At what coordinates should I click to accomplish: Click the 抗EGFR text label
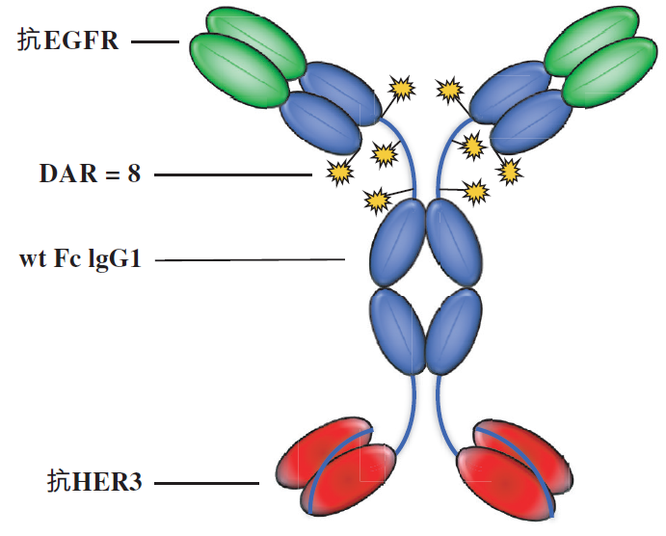67,40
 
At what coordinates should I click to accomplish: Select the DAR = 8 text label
90,174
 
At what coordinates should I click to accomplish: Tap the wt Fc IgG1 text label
80,260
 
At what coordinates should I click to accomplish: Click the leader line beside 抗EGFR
155,41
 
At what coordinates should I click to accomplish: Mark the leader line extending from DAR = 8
232,174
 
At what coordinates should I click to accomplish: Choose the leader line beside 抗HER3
207,482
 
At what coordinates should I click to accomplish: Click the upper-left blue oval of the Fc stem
398,244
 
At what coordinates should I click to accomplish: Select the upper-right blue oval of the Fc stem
453,244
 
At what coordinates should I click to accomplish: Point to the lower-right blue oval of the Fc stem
453,332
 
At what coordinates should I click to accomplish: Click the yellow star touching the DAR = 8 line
338,173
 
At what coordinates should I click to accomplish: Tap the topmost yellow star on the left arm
400,88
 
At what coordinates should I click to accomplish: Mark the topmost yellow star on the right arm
449,91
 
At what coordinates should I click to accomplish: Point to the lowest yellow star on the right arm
476,193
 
